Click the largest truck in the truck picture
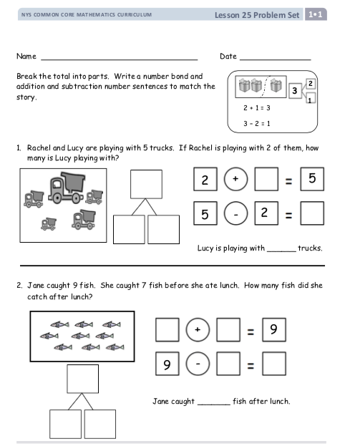[67, 188]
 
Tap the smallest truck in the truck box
[49, 224]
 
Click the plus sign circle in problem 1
[235, 179]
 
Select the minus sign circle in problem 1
[235, 213]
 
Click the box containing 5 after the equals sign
[312, 179]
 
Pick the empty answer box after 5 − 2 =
[312, 213]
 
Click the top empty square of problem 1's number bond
[146, 184]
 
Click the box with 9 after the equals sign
[274, 329]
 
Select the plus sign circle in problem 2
[198, 329]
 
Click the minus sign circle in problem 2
[198, 364]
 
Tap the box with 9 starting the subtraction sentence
[167, 364]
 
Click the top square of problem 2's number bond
[83, 379]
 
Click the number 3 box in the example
[295, 91]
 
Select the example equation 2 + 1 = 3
[256, 108]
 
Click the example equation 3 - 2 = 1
[256, 123]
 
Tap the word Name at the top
[26, 56]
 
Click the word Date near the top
[228, 56]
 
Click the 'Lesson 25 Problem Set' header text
[257, 15]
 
